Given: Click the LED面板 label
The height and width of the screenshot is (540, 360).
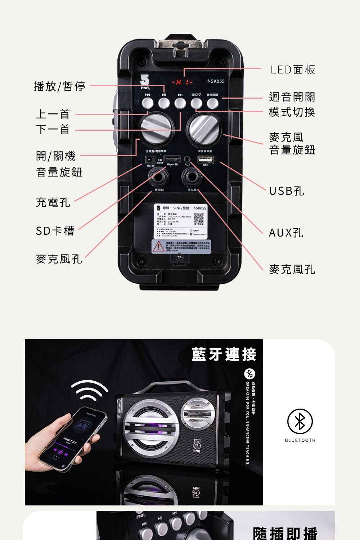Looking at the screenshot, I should click(293, 69).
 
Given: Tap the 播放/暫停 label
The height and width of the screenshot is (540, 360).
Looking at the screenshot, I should click(59, 86).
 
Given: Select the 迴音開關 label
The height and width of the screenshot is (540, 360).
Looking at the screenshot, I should click(292, 97).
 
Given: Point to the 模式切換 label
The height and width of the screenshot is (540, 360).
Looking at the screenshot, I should click(292, 112).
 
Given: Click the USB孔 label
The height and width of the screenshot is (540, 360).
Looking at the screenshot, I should click(287, 191).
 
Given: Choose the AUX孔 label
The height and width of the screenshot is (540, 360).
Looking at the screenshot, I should click(286, 233).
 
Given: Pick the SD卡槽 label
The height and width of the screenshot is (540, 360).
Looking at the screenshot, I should click(55, 231).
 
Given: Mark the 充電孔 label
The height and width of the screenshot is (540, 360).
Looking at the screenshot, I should click(53, 202).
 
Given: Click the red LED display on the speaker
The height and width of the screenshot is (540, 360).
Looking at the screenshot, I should click(183, 82).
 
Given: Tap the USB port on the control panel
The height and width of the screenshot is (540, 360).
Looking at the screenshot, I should click(205, 159).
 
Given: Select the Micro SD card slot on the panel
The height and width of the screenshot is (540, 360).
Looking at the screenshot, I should click(172, 159).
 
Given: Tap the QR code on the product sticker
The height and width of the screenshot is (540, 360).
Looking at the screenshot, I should click(199, 218).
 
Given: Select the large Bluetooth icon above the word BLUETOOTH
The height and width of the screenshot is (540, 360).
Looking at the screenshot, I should click(300, 421).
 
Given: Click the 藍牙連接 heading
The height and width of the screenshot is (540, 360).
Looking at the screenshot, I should click(224, 355).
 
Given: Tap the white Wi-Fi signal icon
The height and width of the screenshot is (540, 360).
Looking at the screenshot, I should click(89, 390).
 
